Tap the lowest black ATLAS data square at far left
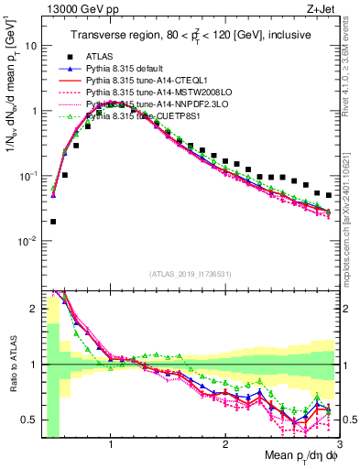[x=53, y=221]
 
